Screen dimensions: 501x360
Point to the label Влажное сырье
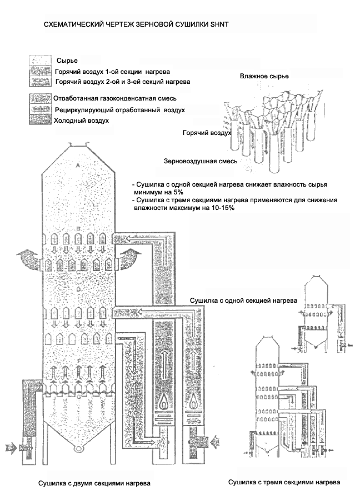coord(264,76)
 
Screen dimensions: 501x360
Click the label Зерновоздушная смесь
coord(201,161)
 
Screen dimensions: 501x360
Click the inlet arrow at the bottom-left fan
coord(11,446)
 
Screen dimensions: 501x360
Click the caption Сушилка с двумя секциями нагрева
coord(94,483)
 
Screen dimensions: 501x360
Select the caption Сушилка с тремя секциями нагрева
coord(284,482)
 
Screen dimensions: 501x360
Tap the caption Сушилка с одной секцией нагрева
coord(243,300)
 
